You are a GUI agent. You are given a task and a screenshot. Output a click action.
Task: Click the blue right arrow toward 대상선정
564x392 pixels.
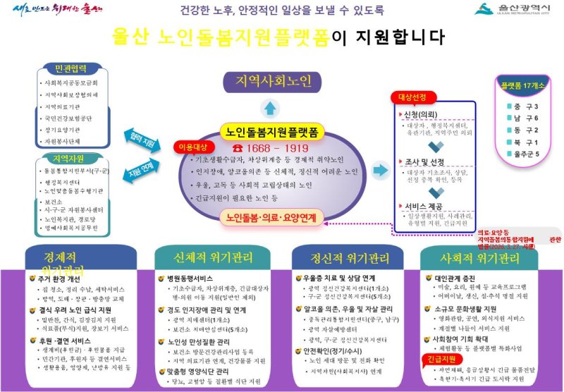(380, 170)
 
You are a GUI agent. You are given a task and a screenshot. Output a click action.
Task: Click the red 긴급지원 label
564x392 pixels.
(440, 360)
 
